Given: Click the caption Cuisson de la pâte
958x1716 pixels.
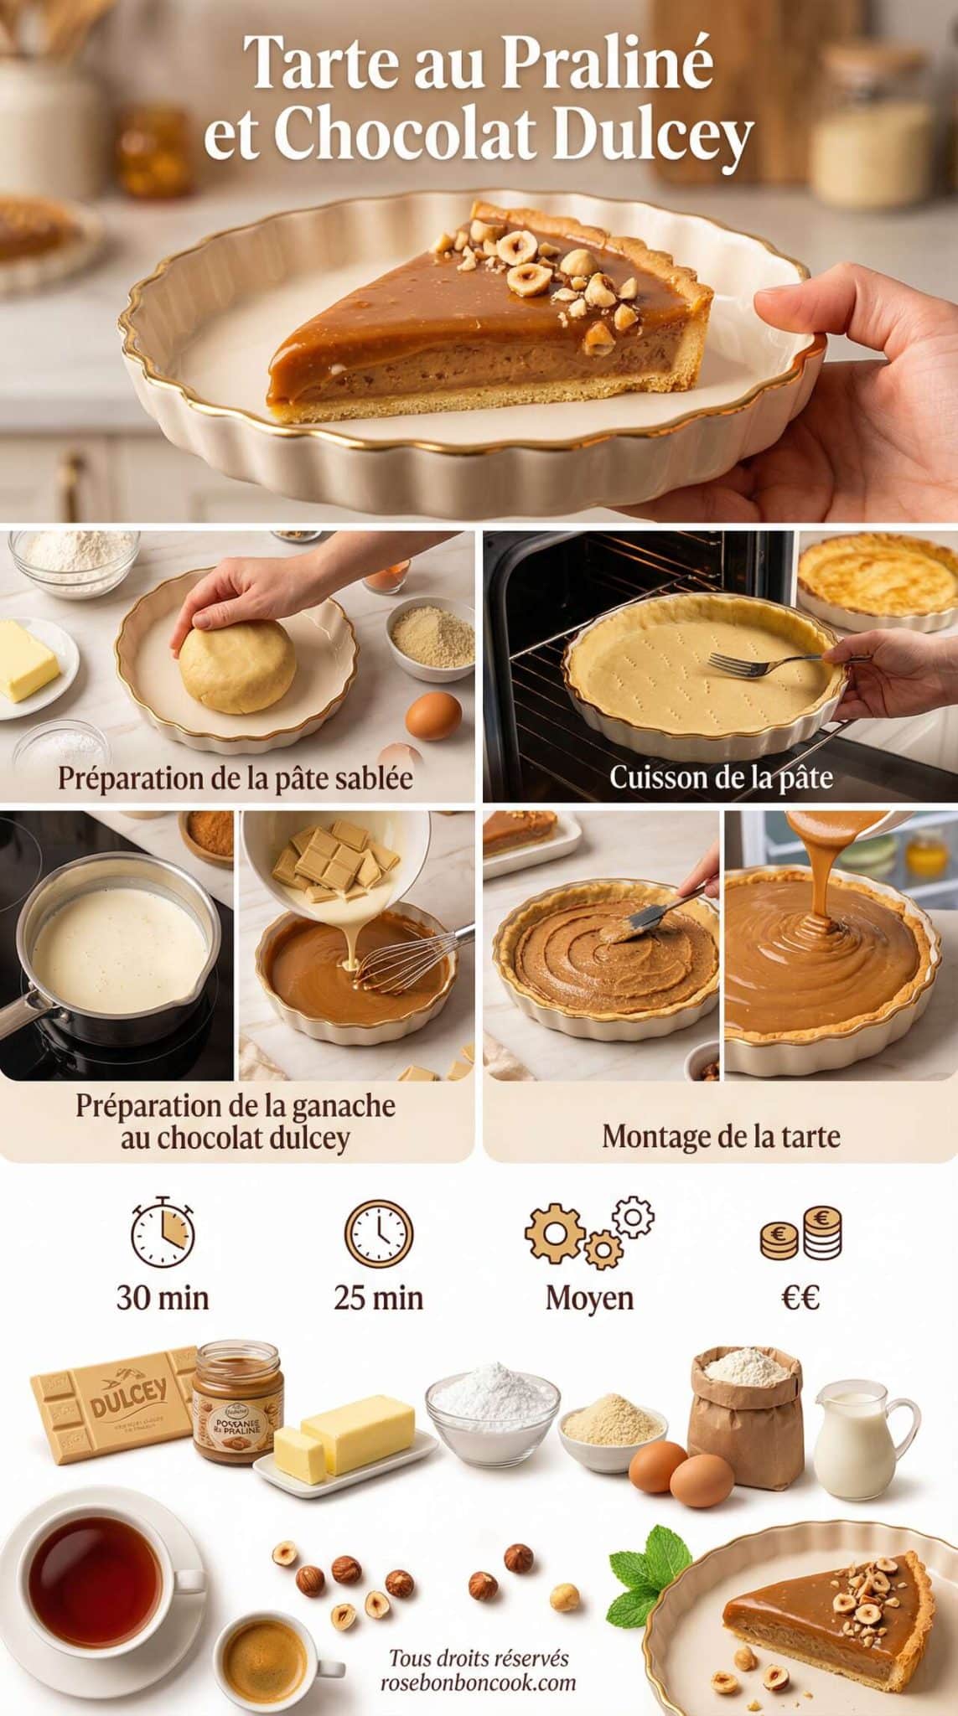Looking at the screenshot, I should click(x=721, y=778).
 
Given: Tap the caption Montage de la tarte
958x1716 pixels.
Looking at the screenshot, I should click(x=721, y=1136).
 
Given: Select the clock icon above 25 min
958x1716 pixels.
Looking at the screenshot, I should click(x=379, y=1234).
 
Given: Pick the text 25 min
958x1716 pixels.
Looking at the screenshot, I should click(x=379, y=1298).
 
